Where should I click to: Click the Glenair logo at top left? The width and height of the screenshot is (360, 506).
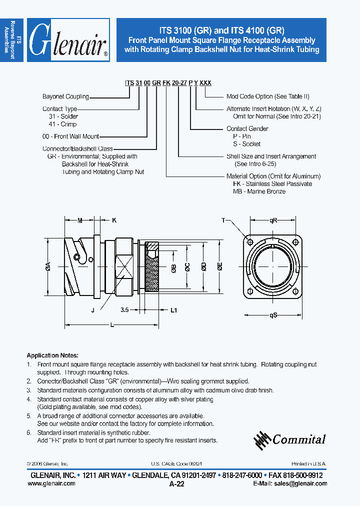pyautogui.click(x=68, y=40)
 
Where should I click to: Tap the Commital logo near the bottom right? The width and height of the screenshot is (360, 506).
pyautogui.click(x=289, y=439)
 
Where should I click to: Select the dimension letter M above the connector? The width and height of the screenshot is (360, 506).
pyautogui.click(x=80, y=220)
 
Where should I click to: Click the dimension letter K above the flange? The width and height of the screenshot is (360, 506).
pyautogui.click(x=113, y=220)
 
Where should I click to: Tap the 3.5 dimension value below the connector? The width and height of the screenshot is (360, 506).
pyautogui.click(x=125, y=310)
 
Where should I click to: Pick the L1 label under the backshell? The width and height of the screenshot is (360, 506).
pyautogui.click(x=173, y=310)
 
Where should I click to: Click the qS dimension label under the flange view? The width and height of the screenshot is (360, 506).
pyautogui.click(x=273, y=315)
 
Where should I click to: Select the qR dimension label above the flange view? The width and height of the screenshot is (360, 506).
pyautogui.click(x=273, y=220)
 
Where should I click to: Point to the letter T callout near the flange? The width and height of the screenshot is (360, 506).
pyautogui.click(x=223, y=220)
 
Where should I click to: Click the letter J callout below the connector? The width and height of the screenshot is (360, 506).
pyautogui.click(x=92, y=310)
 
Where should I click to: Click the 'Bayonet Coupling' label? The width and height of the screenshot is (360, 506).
pyautogui.click(x=65, y=96)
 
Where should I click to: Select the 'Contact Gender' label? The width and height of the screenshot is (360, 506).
pyautogui.click(x=247, y=128)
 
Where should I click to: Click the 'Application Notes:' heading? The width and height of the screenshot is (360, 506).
pyautogui.click(x=50, y=355)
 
